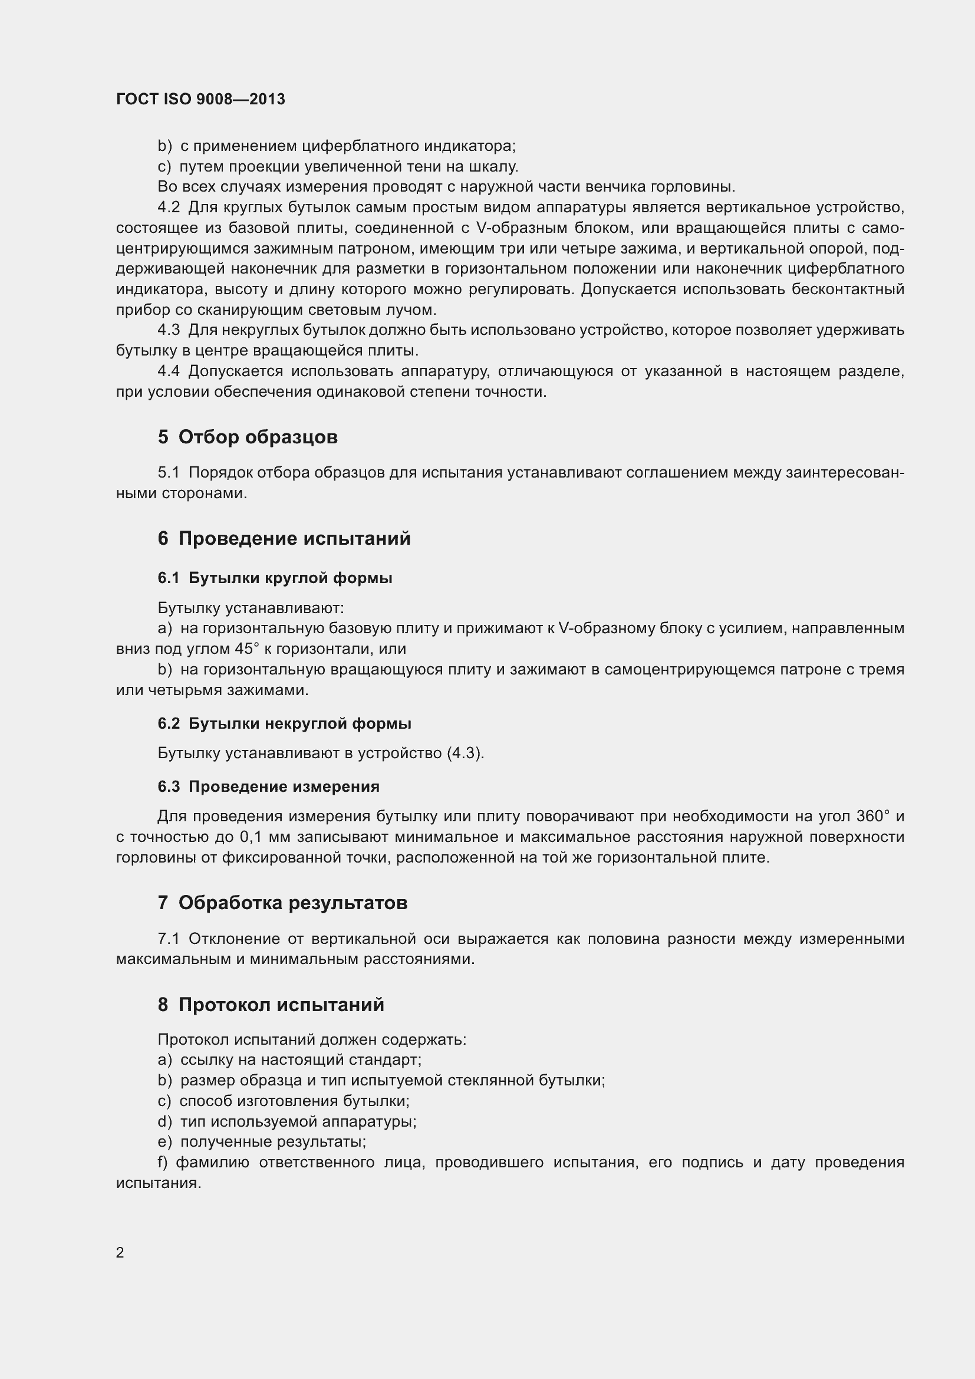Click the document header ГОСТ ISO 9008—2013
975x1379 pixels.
(x=200, y=99)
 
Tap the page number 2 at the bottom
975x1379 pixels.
(x=120, y=1252)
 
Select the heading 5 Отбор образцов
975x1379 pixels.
(x=248, y=437)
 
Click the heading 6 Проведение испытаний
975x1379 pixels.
(x=284, y=538)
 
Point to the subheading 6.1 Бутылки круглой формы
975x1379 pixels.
(x=275, y=578)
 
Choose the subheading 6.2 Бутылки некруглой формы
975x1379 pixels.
(x=284, y=723)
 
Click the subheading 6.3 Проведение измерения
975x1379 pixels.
(x=268, y=786)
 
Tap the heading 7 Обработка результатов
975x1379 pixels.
(x=282, y=903)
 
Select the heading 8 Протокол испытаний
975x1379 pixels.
(x=271, y=1005)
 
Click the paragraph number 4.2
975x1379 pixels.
(x=169, y=208)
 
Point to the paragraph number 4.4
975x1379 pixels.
(x=169, y=371)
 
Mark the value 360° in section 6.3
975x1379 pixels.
(x=873, y=816)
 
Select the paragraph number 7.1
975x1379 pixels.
(x=169, y=939)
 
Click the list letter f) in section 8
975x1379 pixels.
(x=163, y=1162)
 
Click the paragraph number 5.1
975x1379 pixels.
(x=169, y=473)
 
